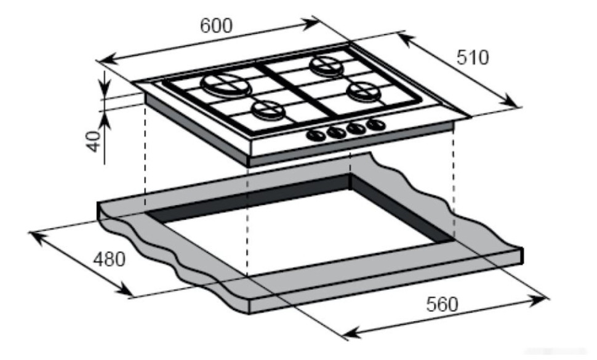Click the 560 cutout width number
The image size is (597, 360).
point(442,304)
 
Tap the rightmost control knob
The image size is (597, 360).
point(375,125)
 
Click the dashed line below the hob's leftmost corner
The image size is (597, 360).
point(145,154)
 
